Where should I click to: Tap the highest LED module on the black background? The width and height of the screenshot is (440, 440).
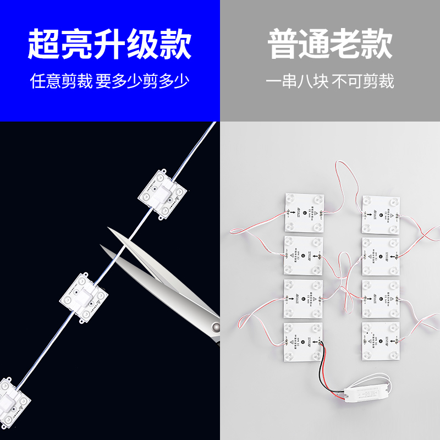163,193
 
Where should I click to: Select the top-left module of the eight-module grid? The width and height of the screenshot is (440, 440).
304,212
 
